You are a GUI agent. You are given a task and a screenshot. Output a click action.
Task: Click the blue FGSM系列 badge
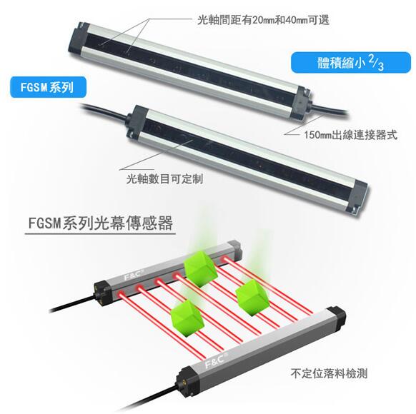(x=49, y=87)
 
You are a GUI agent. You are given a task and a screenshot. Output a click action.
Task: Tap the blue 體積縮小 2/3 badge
(x=351, y=63)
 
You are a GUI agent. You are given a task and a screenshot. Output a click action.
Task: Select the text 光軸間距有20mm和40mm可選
(x=263, y=20)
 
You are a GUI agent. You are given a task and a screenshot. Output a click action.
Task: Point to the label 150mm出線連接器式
(x=350, y=135)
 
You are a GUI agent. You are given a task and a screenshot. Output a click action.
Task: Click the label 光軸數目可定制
(x=164, y=179)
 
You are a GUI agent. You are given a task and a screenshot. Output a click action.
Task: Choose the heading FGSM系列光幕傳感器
(x=101, y=223)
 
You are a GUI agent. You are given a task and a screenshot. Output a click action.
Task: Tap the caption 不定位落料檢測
(x=329, y=373)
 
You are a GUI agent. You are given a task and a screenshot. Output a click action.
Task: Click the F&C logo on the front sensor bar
(x=215, y=362)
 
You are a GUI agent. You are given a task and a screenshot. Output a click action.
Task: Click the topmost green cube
(x=200, y=269)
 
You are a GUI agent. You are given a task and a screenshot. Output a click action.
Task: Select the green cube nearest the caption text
(x=252, y=298)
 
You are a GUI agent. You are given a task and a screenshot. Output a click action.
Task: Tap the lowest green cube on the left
(x=187, y=318)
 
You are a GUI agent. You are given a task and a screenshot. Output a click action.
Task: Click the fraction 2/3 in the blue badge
(x=376, y=63)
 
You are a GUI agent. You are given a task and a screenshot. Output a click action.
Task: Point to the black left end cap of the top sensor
(x=79, y=39)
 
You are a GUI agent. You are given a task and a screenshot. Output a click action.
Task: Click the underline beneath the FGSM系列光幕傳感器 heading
(x=100, y=234)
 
